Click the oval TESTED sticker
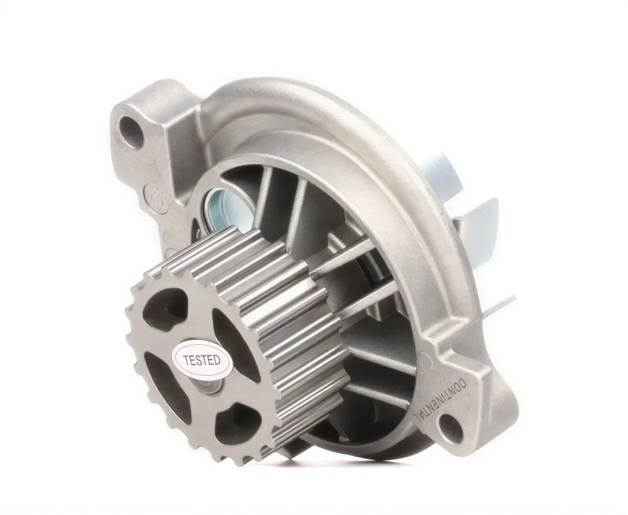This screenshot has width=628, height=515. click(x=203, y=360)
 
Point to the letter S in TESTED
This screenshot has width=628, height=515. click(x=201, y=360)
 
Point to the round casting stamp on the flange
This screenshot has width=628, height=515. click(x=156, y=197)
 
